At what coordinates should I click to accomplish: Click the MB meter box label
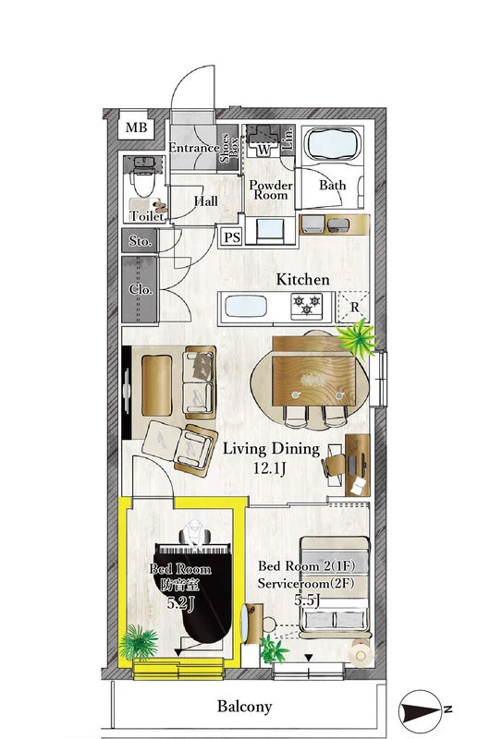click(136, 127)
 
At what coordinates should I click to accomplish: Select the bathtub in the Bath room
click(333, 144)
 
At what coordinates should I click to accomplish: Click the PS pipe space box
click(231, 236)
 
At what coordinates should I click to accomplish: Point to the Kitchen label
click(302, 280)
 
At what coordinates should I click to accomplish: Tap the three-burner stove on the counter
click(307, 305)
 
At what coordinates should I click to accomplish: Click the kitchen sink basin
click(246, 307)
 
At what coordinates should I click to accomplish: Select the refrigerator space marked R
click(354, 307)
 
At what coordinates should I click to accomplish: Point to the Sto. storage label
click(141, 241)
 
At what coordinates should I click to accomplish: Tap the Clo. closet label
click(141, 289)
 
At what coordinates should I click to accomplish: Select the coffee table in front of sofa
click(156, 385)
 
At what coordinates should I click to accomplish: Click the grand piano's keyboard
click(192, 549)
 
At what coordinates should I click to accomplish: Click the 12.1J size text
click(269, 468)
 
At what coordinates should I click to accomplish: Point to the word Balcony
click(244, 707)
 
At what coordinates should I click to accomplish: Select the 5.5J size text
click(307, 601)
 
